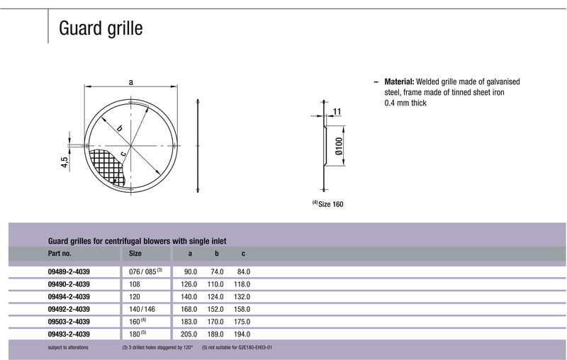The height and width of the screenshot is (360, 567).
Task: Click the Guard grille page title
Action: (101, 28)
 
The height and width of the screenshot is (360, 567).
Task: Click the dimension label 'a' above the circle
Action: (131, 82)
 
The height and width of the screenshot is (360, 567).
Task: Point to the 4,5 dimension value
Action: (64, 162)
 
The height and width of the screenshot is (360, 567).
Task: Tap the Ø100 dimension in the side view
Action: (339, 146)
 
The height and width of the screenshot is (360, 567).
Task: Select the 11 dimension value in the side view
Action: (337, 112)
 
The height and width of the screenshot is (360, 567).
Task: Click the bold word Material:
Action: (399, 81)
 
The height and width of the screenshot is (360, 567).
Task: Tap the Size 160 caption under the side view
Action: (328, 204)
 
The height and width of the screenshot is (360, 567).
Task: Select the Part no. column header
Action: (60, 254)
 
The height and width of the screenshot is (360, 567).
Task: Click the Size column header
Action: (135, 254)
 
